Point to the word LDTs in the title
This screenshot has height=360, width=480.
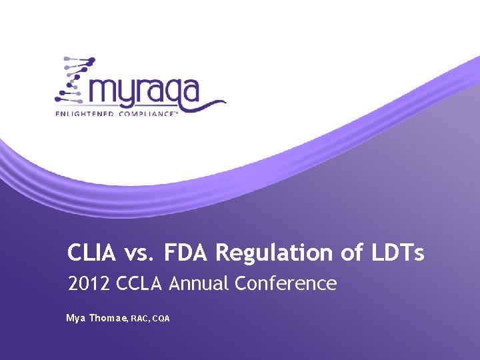(x=401, y=253)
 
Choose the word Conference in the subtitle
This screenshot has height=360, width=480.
(x=286, y=284)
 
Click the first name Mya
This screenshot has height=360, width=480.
(x=75, y=319)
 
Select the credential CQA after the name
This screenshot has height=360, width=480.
(x=161, y=319)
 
